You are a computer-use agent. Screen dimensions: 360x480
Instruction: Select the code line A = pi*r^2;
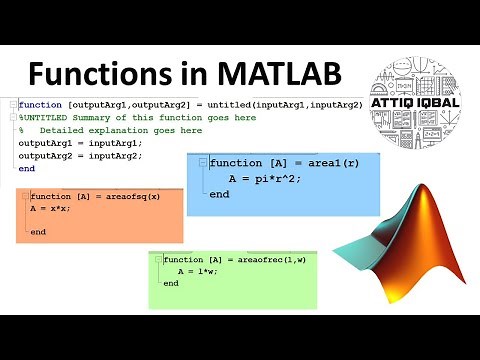click(x=264, y=178)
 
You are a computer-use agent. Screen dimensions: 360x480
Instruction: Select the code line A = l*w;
click(x=196, y=271)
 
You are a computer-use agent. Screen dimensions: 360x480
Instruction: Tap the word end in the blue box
click(x=219, y=194)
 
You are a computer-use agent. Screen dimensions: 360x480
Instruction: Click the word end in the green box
click(x=171, y=283)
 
